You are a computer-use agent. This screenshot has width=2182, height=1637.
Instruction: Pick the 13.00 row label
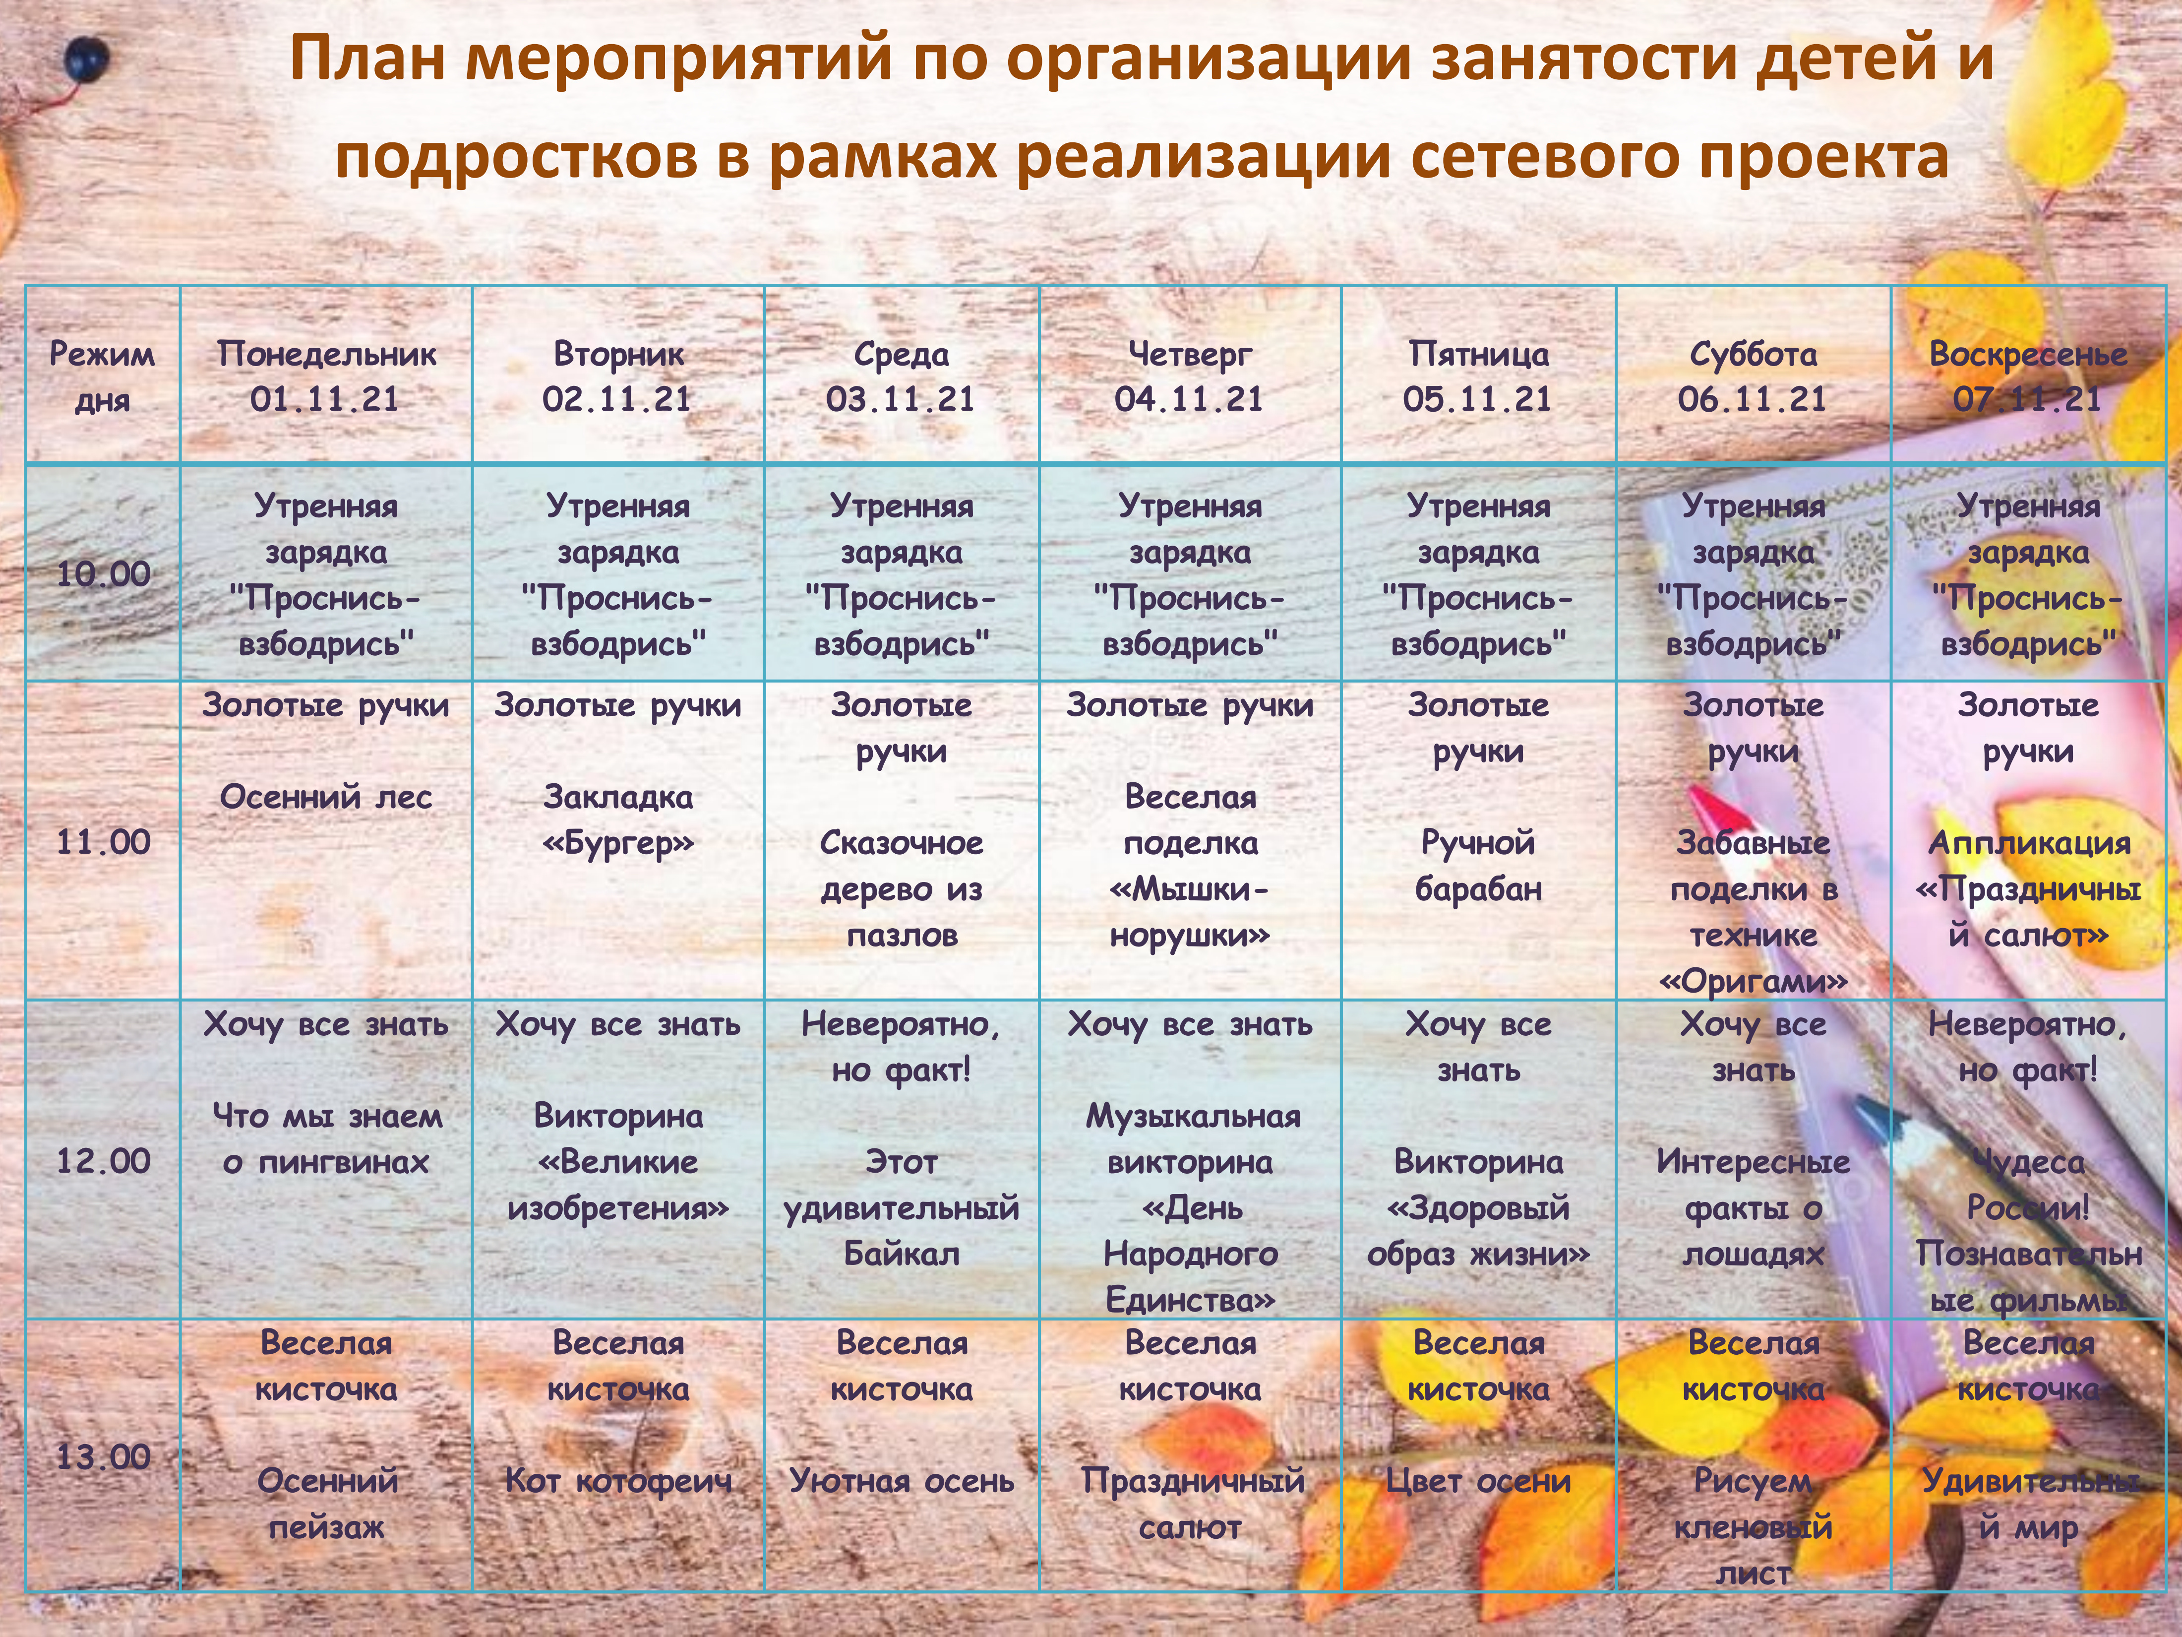pos(103,1456)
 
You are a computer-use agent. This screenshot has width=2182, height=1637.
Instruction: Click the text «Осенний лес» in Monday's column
pos(326,796)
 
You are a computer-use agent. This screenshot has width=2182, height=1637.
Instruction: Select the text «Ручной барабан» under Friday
pos(1478,865)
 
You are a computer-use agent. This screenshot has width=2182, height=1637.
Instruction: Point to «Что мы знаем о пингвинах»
pos(326,1138)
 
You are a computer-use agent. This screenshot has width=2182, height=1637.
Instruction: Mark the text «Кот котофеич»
pos(618,1480)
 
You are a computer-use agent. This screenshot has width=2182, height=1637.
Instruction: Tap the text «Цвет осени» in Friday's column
pos(1478,1480)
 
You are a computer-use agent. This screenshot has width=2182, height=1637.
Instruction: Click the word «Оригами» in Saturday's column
pos(1753,981)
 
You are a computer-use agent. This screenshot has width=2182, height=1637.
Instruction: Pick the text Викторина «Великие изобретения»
pos(618,1161)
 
